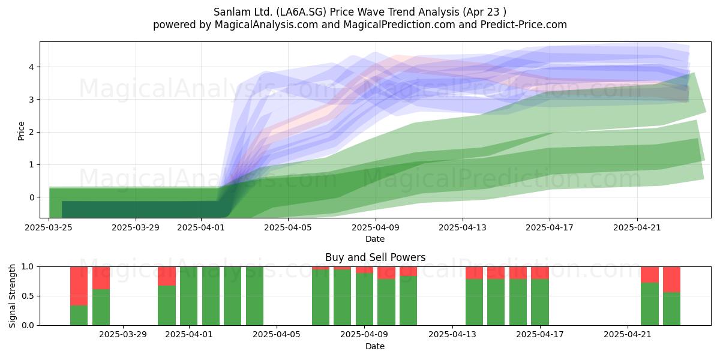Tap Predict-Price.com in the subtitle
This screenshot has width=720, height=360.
pyautogui.click(x=524, y=25)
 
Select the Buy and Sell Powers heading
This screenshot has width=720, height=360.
pyautogui.click(x=375, y=257)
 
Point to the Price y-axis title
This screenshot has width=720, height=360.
pyautogui.click(x=21, y=131)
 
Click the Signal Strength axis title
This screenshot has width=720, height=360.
pyautogui.click(x=12, y=296)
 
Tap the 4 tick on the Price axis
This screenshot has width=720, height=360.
pyautogui.click(x=31, y=67)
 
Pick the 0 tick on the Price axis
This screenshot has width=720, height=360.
pyautogui.click(x=31, y=197)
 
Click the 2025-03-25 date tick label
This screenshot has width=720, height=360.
pyautogui.click(x=49, y=227)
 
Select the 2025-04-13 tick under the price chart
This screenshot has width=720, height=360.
pyautogui.click(x=463, y=227)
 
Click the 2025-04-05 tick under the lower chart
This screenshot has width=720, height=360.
pyautogui.click(x=277, y=335)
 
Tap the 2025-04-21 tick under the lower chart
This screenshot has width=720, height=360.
pyautogui.click(x=628, y=335)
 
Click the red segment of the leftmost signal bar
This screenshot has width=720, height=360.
pyautogui.click(x=79, y=286)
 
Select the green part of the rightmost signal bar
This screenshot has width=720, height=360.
pyautogui.click(x=672, y=308)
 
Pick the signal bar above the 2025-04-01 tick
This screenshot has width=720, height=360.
pyautogui.click(x=188, y=296)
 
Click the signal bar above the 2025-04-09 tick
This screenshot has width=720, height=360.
pyautogui.click(x=365, y=296)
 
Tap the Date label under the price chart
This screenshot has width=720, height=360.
pyautogui.click(x=375, y=239)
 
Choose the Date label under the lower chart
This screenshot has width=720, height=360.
pyautogui.click(x=375, y=346)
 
